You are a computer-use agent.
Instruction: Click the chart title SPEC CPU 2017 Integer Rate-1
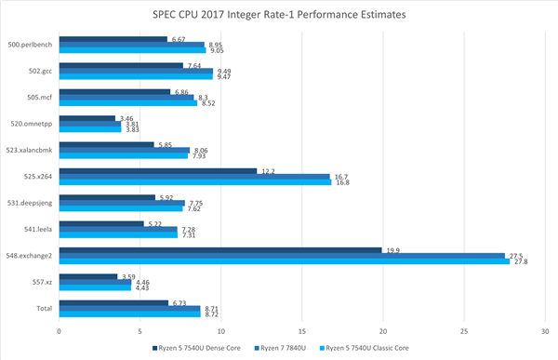pos(279,15)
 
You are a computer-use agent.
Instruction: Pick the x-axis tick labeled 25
pos(463,330)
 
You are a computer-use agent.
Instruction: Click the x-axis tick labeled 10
pos(220,330)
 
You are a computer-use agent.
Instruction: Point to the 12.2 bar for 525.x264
pos(157,171)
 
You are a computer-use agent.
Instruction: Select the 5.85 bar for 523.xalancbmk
pos(106,144)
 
